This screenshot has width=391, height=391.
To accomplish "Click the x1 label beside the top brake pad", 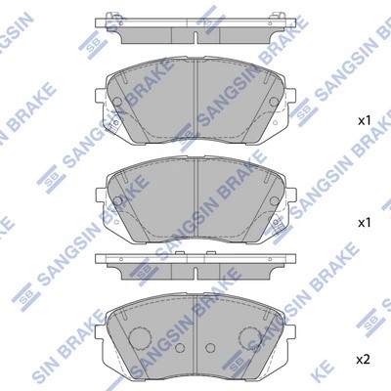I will pos(364,121).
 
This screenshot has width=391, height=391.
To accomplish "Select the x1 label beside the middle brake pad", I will pos(364,223).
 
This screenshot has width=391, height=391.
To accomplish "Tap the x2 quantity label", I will pos(364,359).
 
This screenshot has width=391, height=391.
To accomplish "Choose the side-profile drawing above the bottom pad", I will pos(195,263).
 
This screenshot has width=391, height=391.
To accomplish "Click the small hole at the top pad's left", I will pos(116,101).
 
